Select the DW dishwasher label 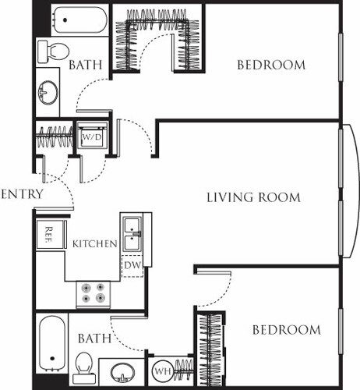point(132,267)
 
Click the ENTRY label point(22,193)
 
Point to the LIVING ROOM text point(253,197)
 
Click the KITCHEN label point(94,244)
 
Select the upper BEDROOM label point(271,65)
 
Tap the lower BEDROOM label point(286,330)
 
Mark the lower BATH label point(92,339)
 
